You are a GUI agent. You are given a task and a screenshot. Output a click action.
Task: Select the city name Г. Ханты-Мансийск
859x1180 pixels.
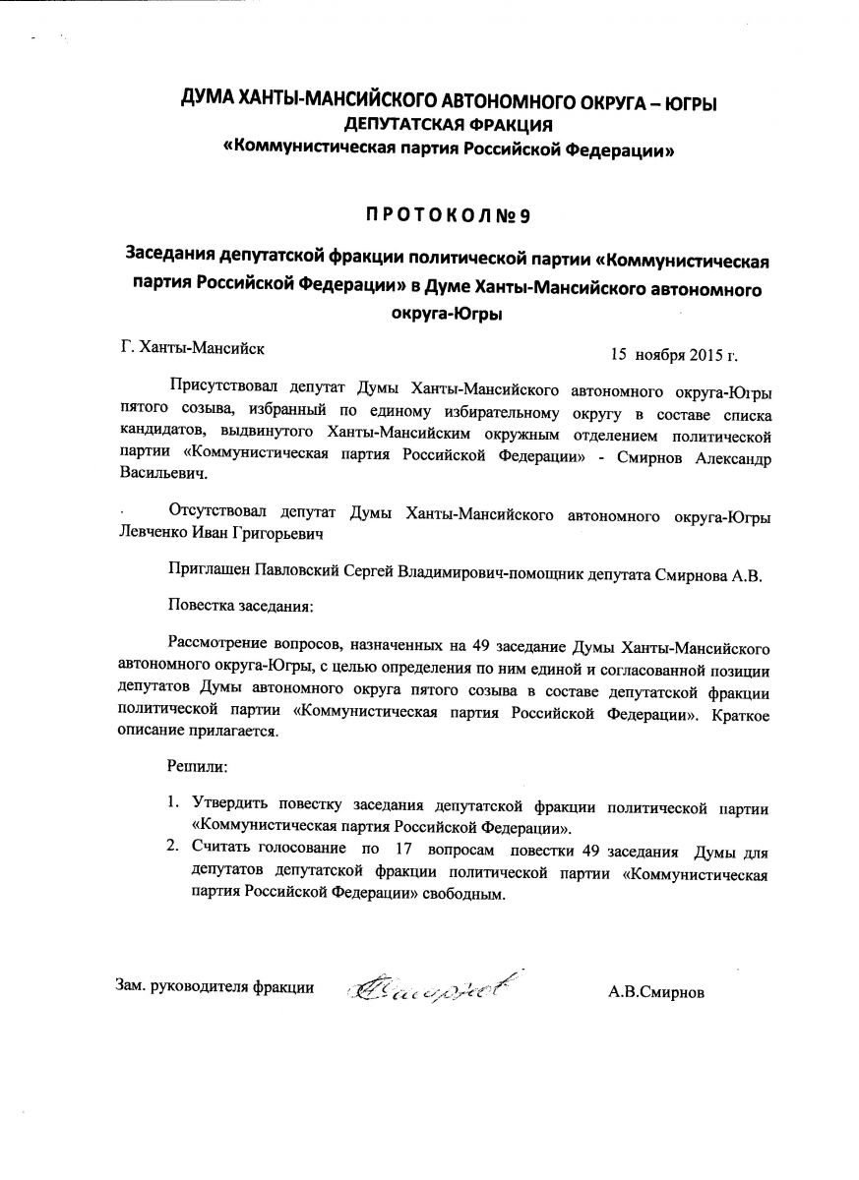click(x=191, y=346)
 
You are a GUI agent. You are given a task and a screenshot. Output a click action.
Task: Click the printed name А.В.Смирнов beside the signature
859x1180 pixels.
click(x=656, y=991)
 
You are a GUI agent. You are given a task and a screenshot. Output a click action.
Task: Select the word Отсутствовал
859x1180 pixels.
click(x=215, y=514)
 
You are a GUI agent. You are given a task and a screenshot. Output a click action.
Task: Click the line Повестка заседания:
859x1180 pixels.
click(x=240, y=607)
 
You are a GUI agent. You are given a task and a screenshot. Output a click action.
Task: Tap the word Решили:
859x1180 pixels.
click(x=197, y=764)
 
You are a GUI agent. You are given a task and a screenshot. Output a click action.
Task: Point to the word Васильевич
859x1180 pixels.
click(x=162, y=474)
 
